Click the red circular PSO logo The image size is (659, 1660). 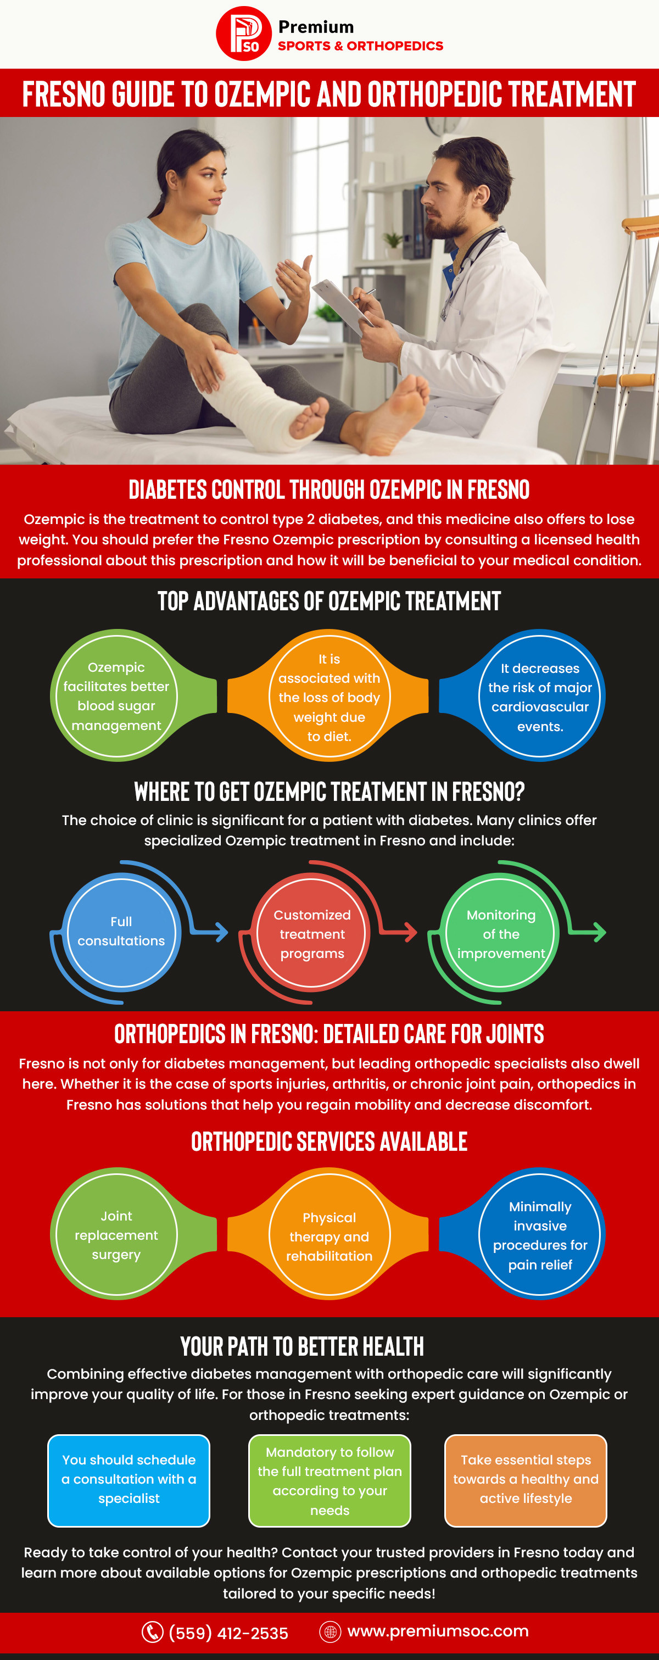tap(243, 34)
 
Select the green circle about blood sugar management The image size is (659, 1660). tap(116, 696)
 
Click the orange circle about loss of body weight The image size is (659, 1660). tap(329, 697)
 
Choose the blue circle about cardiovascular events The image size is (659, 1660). tap(540, 697)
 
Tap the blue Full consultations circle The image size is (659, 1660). tap(121, 931)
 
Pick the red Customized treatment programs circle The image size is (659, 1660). tap(312, 933)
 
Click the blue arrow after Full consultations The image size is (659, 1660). tap(216, 931)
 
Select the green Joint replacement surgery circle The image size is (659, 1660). tap(116, 1235)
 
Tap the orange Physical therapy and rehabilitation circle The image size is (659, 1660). tap(329, 1236)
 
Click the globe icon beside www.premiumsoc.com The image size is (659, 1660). tap(330, 1631)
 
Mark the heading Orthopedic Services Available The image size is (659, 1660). tap(329, 1141)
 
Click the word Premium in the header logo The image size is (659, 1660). tap(316, 27)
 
